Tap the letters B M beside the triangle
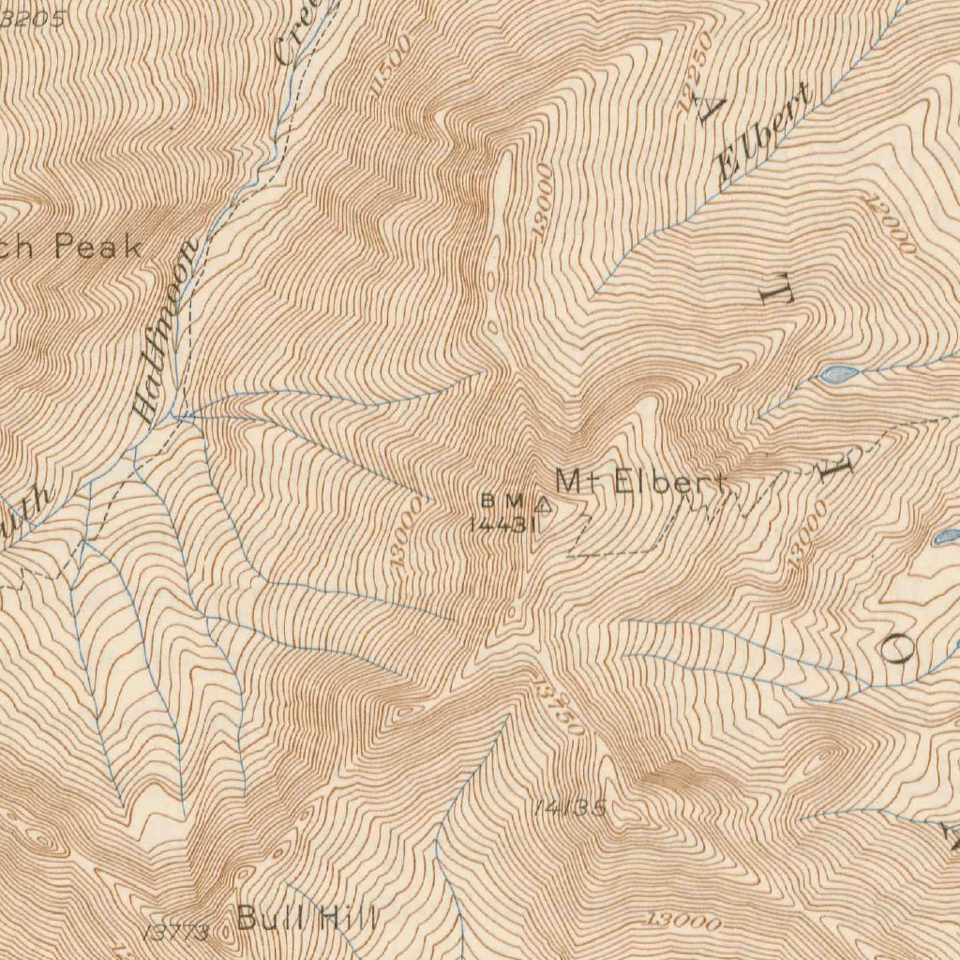[501, 499]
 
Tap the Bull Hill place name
[307, 918]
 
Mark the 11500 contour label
[390, 66]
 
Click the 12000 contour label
[891, 225]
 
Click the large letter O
[897, 646]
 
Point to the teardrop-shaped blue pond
[839, 374]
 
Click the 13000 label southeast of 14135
[683, 922]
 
